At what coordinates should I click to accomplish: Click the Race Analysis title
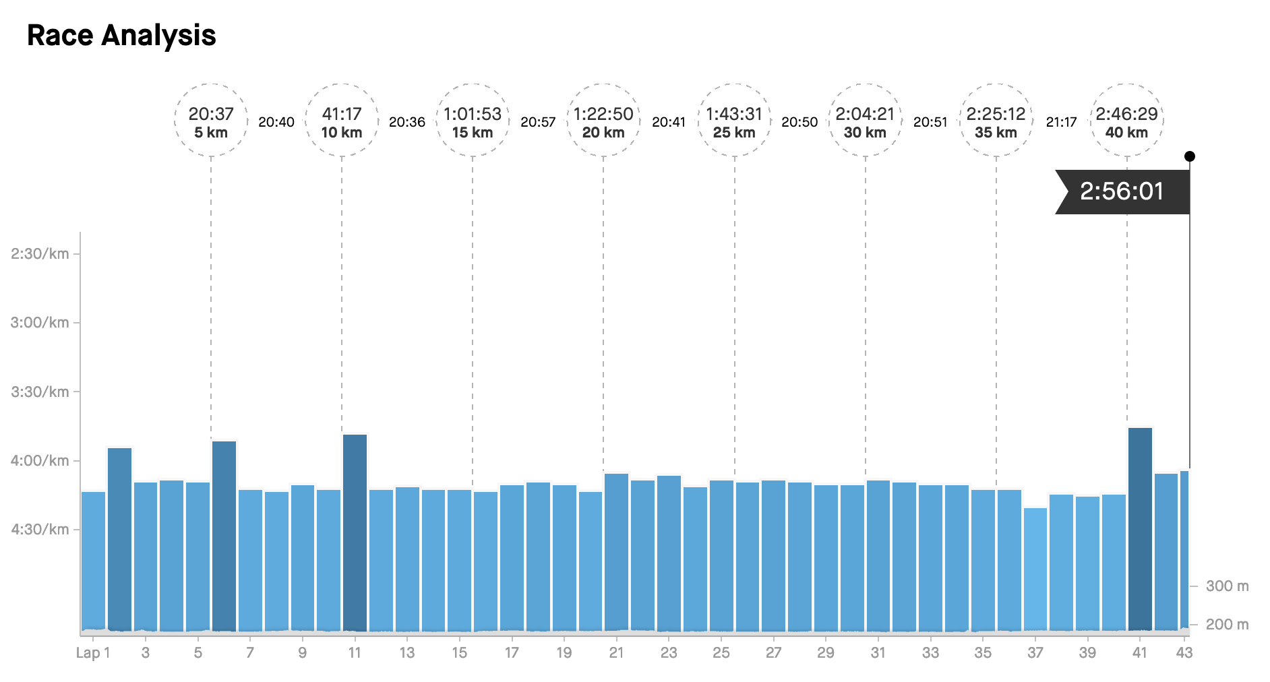pos(121,35)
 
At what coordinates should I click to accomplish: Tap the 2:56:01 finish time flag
pos(1122,191)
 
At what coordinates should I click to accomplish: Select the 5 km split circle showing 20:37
pos(211,121)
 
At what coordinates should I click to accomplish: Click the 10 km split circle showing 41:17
pos(342,121)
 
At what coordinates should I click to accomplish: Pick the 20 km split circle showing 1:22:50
pos(603,121)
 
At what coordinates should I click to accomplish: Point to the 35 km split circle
pos(996,121)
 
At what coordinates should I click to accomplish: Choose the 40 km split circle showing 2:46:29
pos(1126,121)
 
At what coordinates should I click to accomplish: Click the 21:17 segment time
pos(1061,122)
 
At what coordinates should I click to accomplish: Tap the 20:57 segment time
pos(538,122)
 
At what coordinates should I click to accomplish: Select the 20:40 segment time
pos(276,122)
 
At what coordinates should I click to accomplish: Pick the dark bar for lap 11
pos(355,532)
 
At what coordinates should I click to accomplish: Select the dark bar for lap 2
pos(120,539)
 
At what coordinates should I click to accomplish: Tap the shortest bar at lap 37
pos(1035,569)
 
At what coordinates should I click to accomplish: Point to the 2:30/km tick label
pos(40,254)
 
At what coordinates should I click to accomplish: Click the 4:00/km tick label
pos(40,461)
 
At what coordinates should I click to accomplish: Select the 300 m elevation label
pos(1227,586)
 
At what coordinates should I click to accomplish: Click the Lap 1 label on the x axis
pos(93,652)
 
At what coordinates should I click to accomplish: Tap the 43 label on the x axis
pos(1184,652)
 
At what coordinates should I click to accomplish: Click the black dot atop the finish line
pos(1190,156)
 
